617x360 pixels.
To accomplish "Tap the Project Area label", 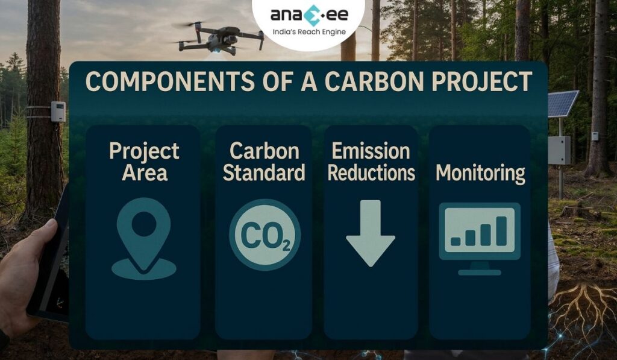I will click(x=144, y=162).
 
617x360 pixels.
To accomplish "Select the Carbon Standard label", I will click(x=263, y=162).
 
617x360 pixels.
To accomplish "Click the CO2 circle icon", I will click(x=264, y=235).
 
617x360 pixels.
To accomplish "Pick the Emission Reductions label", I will click(x=371, y=162).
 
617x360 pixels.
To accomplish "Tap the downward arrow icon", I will click(x=370, y=232).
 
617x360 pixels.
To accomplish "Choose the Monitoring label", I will click(x=480, y=173).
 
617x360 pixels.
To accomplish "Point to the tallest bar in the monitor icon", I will click(x=501, y=230).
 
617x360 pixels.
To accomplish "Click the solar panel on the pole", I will click(x=562, y=104).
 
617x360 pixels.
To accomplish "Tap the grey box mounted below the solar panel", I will click(x=559, y=150).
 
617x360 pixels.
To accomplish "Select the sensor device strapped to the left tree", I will click(x=58, y=112).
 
